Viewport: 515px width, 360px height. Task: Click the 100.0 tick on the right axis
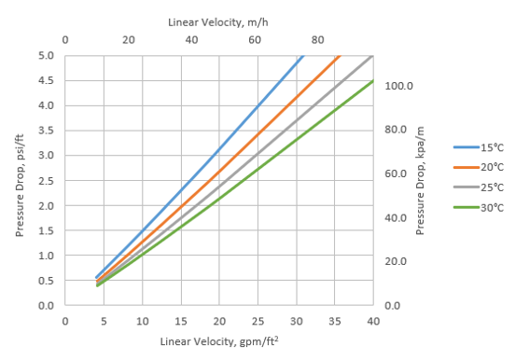click(398, 86)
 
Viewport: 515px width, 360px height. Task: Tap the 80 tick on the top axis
click(318, 40)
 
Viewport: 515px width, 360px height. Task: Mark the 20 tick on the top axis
click(129, 40)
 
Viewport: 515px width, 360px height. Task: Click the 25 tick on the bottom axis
click(257, 320)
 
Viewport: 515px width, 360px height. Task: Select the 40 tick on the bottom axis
click(373, 320)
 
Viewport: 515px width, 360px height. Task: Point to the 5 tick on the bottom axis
click(104, 320)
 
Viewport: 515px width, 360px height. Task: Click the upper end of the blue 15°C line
click(303, 56)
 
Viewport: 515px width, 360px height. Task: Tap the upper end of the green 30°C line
click(373, 80)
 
